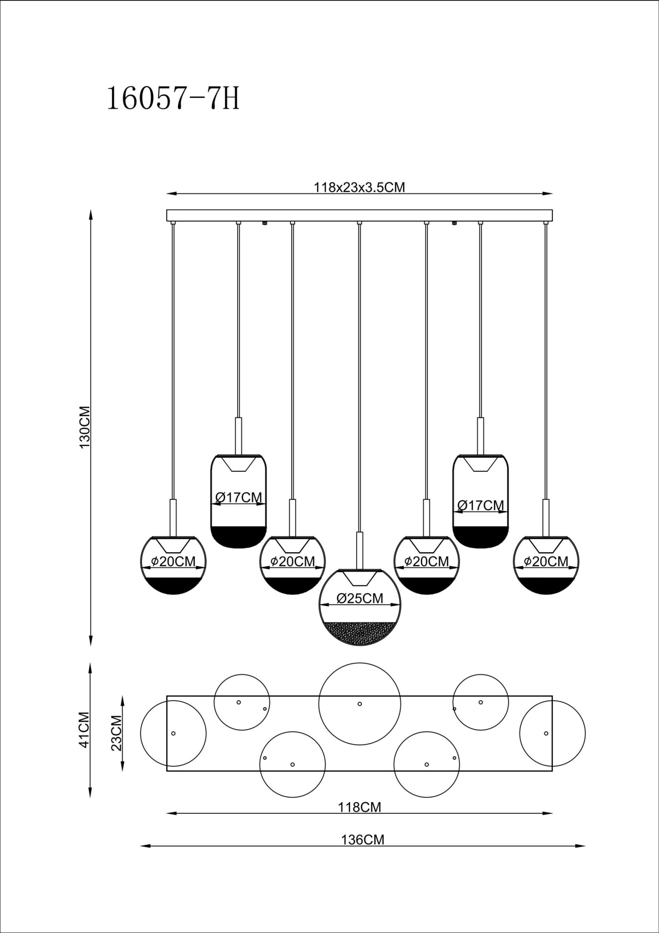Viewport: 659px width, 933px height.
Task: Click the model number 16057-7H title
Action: pyautogui.click(x=173, y=99)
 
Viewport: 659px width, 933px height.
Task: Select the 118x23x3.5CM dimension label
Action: pyautogui.click(x=359, y=187)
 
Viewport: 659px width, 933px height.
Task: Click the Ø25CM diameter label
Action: pyautogui.click(x=360, y=598)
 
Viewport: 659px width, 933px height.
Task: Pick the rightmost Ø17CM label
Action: pyautogui.click(x=480, y=505)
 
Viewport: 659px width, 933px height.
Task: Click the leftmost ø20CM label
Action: pyautogui.click(x=173, y=561)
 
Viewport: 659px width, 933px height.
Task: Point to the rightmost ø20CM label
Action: pyautogui.click(x=546, y=561)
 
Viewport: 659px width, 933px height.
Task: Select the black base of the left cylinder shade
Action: pyautogui.click(x=239, y=536)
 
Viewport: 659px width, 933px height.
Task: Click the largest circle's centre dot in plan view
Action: pyautogui.click(x=360, y=704)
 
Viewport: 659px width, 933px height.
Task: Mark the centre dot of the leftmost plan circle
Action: pyautogui.click(x=173, y=734)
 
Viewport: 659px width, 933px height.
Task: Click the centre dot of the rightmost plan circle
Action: pyautogui.click(x=546, y=734)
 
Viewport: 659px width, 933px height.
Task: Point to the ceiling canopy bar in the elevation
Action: pyautogui.click(x=360, y=215)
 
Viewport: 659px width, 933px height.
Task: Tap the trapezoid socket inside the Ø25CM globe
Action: pyautogui.click(x=360, y=578)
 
